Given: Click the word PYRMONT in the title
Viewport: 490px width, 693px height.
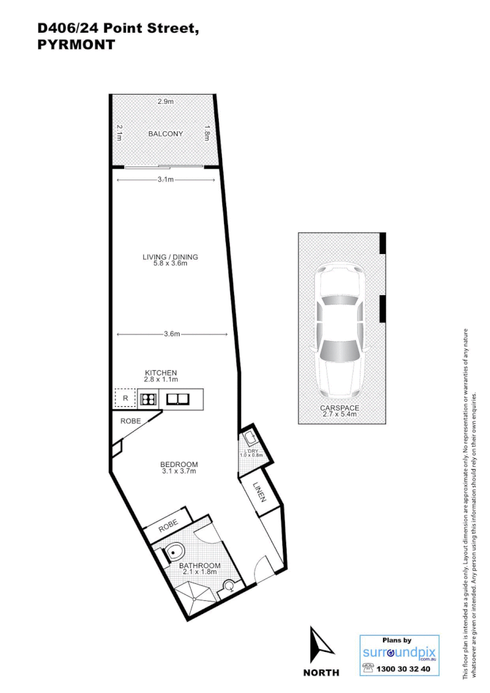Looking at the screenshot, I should [76, 45].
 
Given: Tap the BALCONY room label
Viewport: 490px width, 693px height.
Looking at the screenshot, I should [165, 134].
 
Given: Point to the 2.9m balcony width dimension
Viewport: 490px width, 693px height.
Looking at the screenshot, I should [166, 101].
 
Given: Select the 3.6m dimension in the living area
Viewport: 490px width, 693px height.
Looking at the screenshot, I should [171, 334].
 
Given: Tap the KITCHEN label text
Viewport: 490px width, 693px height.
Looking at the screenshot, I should [161, 372].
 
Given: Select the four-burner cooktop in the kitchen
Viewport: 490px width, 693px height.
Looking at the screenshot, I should [148, 398].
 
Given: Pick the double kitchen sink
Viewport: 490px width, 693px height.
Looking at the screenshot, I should [177, 398].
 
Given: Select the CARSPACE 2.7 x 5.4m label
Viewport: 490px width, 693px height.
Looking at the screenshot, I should [339, 411].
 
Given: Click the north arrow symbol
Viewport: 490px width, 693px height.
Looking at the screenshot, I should [321, 643].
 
